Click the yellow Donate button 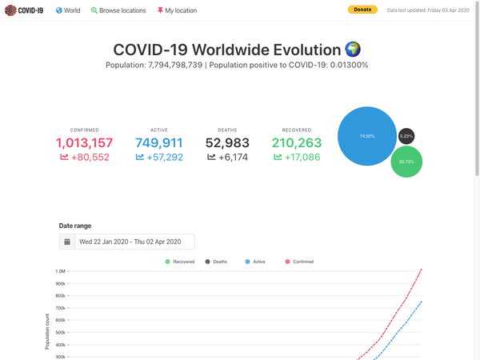[x=362, y=10]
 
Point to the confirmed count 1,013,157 [x=84, y=143]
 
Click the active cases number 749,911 [x=158, y=143]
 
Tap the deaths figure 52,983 [x=227, y=143]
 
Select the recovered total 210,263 [x=297, y=143]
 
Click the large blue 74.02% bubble [x=367, y=136]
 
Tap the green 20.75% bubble [x=406, y=162]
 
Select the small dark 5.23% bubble [x=406, y=136]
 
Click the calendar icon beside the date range [x=67, y=242]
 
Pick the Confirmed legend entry [x=299, y=262]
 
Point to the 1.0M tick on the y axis [x=60, y=271]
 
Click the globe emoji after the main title [x=353, y=49]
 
